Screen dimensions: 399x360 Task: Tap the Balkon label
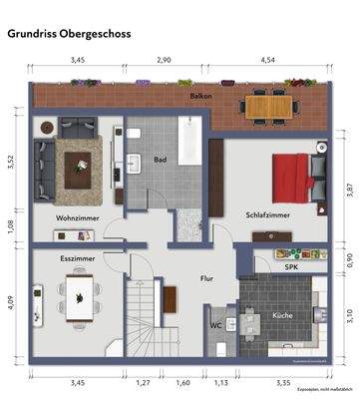point(202,96)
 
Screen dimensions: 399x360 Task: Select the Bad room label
point(160,160)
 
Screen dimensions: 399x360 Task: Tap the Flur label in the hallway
point(206,278)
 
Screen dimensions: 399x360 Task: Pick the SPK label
point(292,266)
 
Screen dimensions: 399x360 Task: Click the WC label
point(215,325)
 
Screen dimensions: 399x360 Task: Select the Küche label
point(281,315)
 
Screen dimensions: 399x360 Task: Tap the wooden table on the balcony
point(270,105)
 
